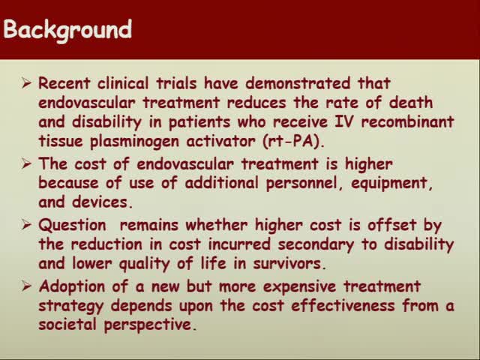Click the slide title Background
click(x=67, y=31)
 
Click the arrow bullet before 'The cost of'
click(x=27, y=164)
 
